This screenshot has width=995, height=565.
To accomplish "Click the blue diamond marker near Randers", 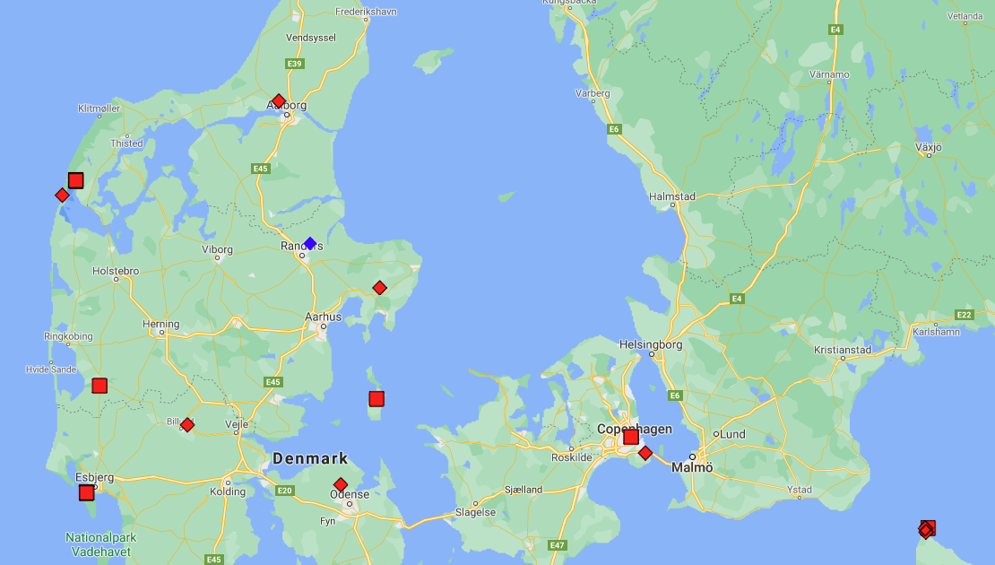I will tap(310, 243).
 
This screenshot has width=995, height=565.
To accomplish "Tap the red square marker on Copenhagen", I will tap(631, 437).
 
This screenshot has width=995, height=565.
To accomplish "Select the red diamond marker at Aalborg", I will tap(279, 101).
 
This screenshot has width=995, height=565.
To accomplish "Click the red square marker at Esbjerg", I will tap(86, 492).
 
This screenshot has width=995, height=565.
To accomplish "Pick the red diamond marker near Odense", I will tap(341, 484).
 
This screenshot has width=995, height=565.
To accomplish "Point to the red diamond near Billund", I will tap(187, 425).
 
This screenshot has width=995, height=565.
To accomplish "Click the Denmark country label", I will tap(310, 459).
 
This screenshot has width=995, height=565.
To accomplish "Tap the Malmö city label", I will tap(692, 468).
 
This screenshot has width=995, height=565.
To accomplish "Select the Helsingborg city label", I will tap(651, 344).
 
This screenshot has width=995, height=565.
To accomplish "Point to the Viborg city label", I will tap(217, 250).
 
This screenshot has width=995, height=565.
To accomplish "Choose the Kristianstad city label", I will tap(844, 350).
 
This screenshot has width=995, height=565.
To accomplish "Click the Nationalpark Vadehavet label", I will tap(100, 544).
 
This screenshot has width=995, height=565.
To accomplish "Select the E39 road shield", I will tap(294, 64).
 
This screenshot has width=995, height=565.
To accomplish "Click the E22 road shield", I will tap(964, 315).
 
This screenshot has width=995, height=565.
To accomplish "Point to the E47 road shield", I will tap(557, 545).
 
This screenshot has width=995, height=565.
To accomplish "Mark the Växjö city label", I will tap(929, 146).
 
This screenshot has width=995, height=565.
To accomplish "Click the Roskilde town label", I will tap(571, 456).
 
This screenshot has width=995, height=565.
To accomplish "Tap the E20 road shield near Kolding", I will tap(285, 491).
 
